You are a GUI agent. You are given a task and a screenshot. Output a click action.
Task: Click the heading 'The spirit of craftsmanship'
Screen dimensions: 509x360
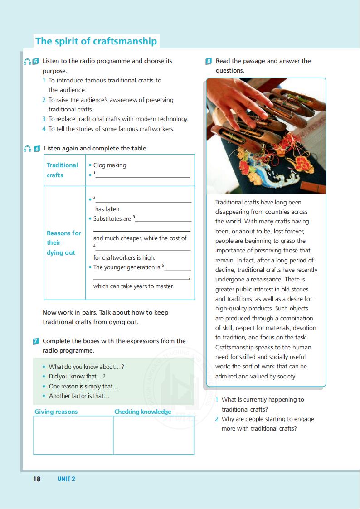pyautogui.click(x=96, y=41)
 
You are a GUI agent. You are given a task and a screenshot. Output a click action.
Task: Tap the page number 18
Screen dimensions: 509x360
pyautogui.click(x=37, y=479)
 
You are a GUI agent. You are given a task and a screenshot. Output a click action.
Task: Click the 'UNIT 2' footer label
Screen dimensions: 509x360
pyautogui.click(x=66, y=479)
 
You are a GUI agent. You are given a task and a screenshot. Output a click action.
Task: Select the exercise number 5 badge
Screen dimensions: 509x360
pyautogui.click(x=36, y=61)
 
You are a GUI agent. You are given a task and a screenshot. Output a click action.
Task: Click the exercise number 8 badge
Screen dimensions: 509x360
pyautogui.click(x=209, y=61)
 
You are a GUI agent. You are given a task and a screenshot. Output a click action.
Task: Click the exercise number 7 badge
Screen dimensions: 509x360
pyautogui.click(x=36, y=341)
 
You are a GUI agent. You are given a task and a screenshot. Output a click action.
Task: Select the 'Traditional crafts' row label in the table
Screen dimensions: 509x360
pyautogui.click(x=62, y=170)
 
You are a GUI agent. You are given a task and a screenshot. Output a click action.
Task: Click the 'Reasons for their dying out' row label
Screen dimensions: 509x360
pyautogui.click(x=63, y=243)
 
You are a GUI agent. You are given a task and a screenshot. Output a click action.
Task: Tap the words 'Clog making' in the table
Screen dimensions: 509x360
pyautogui.click(x=110, y=165)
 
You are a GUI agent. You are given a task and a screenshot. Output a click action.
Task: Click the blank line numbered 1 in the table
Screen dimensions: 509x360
pyautogui.click(x=142, y=175)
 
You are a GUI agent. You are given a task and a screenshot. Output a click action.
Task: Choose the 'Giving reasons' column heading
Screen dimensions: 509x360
pyautogui.click(x=56, y=412)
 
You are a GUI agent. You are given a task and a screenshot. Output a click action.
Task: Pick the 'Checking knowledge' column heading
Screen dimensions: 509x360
pyautogui.click(x=143, y=412)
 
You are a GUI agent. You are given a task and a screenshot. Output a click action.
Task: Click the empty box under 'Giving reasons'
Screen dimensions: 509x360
pyautogui.click(x=73, y=435)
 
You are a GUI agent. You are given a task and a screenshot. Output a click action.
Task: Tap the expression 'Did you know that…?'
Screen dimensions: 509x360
pyautogui.click(x=77, y=377)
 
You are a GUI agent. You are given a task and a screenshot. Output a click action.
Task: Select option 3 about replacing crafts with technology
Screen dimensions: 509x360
pyautogui.click(x=118, y=119)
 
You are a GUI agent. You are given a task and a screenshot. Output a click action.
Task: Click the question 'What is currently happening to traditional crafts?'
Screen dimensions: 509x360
pyautogui.click(x=263, y=404)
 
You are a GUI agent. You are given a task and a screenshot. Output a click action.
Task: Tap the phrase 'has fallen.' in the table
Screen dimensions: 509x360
pyautogui.click(x=108, y=209)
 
